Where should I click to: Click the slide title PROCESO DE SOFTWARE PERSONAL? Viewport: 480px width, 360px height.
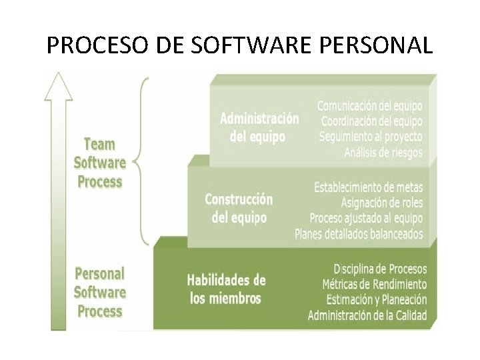point(240,45)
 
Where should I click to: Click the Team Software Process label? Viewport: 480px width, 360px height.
point(100,163)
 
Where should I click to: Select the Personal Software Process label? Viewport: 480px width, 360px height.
point(100,292)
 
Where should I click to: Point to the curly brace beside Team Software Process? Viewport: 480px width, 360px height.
point(141,161)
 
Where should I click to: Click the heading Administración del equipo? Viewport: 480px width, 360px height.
point(259,127)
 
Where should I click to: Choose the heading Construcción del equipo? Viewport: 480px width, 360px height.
point(239,208)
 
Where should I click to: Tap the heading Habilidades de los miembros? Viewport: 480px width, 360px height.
point(226,289)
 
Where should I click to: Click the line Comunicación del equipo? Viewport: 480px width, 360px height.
point(369,106)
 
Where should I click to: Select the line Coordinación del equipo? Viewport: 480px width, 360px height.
point(371,121)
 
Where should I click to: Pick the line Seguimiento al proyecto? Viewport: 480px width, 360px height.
point(371,137)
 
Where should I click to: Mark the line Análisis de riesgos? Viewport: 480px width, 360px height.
point(383,153)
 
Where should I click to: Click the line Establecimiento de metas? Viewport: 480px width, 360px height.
point(368,187)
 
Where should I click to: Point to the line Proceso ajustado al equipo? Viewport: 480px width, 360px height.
point(366,218)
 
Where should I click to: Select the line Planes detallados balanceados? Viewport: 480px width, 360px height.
point(359,234)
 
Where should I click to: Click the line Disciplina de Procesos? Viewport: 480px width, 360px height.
point(380,269)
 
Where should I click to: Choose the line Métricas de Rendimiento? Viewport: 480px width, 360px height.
point(375,284)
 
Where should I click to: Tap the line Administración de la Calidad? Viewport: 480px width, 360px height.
point(367,315)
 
